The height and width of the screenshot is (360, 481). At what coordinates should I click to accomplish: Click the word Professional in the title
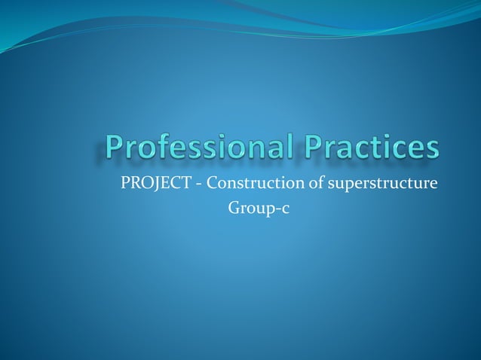click(x=204, y=148)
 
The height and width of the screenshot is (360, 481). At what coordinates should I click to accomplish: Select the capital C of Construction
click(x=212, y=183)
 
